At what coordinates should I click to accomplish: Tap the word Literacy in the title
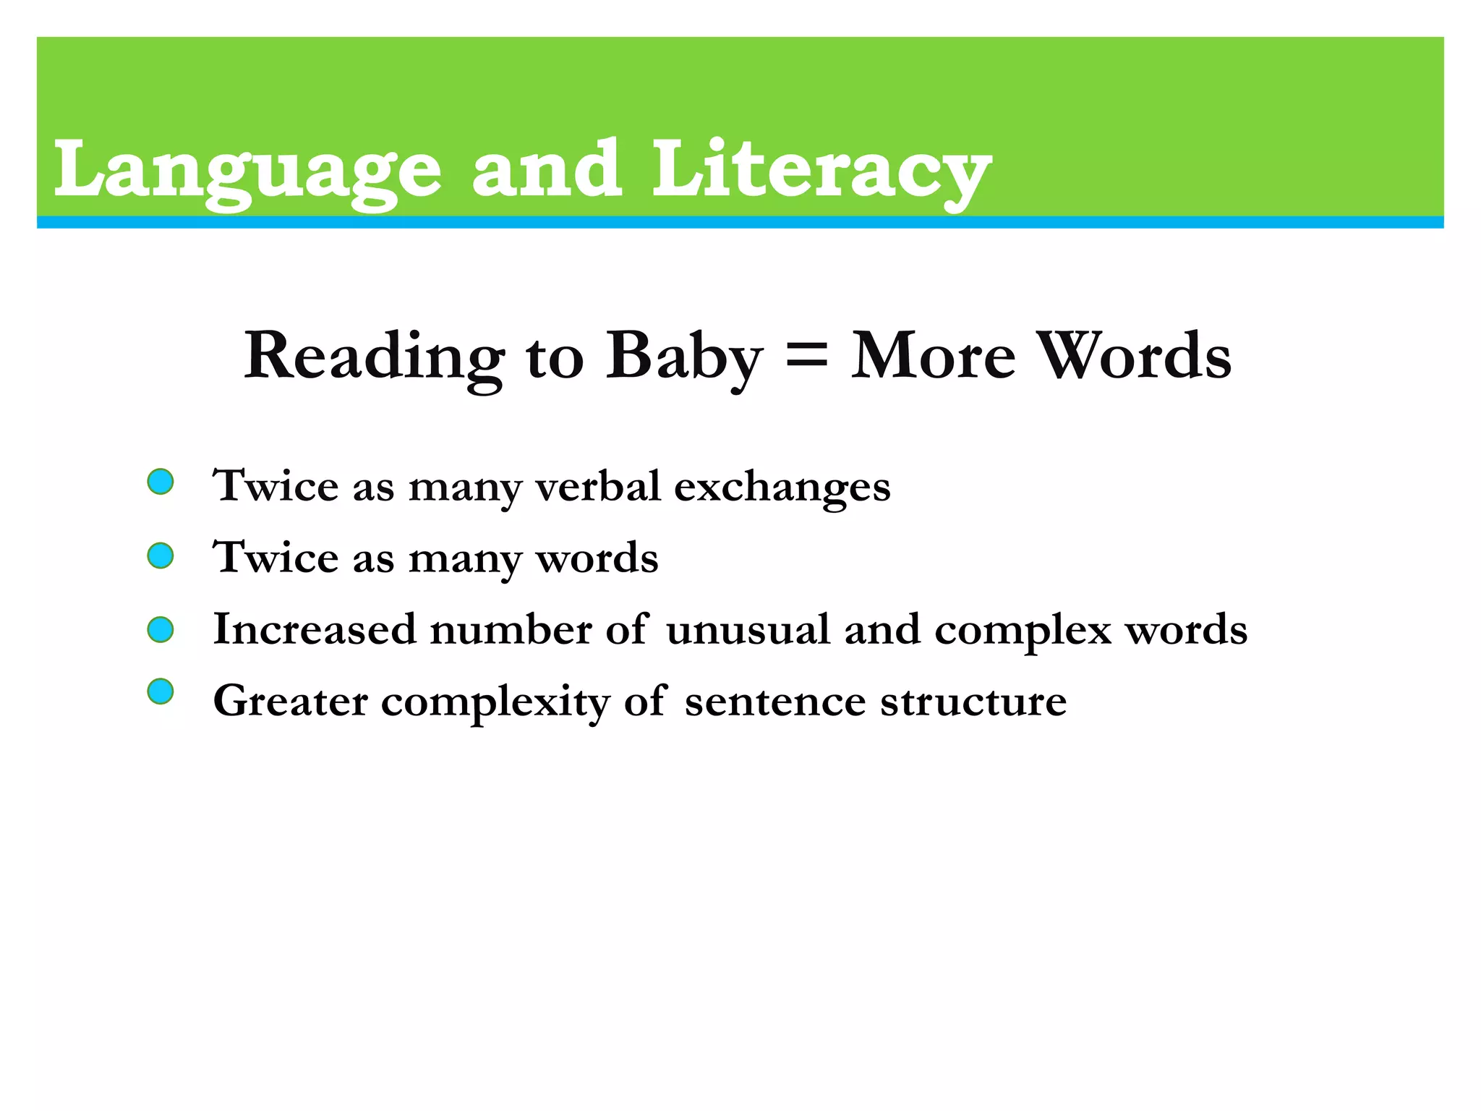click(x=821, y=171)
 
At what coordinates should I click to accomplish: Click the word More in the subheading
click(x=933, y=356)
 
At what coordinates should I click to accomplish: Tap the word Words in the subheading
click(x=1135, y=356)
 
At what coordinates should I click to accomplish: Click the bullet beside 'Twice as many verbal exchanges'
click(x=161, y=482)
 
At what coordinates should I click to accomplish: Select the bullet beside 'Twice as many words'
click(x=161, y=555)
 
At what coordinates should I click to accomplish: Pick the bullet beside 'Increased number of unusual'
click(x=161, y=629)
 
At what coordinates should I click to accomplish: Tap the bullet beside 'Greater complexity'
click(x=161, y=692)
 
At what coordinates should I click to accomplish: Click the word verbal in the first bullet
click(x=597, y=485)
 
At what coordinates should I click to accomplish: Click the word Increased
click(x=315, y=629)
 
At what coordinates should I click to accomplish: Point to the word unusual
click(x=748, y=629)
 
